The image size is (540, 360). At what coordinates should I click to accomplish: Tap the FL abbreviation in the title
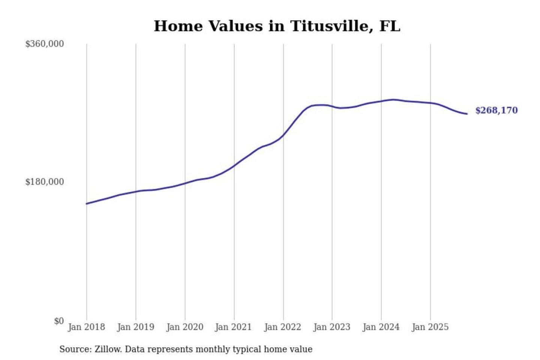click(x=390, y=26)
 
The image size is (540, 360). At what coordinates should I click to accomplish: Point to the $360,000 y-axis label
click(x=44, y=44)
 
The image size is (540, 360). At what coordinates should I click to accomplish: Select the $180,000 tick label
click(x=44, y=182)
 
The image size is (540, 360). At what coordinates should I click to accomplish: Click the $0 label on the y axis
click(x=59, y=321)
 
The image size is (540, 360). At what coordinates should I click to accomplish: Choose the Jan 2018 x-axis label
click(x=86, y=327)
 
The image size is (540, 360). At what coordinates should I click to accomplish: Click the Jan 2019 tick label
click(x=135, y=327)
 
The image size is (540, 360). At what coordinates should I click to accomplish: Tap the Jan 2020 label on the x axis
click(x=184, y=327)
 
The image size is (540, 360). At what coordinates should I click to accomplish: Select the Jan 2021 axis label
click(x=233, y=327)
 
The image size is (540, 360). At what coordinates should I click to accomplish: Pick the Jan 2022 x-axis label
click(x=282, y=327)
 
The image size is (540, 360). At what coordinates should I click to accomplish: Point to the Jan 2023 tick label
click(x=331, y=327)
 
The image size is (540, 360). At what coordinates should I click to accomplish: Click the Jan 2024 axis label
click(x=381, y=327)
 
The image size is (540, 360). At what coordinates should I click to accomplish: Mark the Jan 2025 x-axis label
click(x=430, y=327)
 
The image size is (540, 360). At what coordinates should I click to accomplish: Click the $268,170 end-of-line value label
click(x=496, y=110)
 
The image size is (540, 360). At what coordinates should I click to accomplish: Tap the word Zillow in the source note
click(x=108, y=349)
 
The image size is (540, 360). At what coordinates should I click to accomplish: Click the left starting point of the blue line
click(x=87, y=204)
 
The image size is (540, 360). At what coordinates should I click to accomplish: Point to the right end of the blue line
click(x=467, y=114)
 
